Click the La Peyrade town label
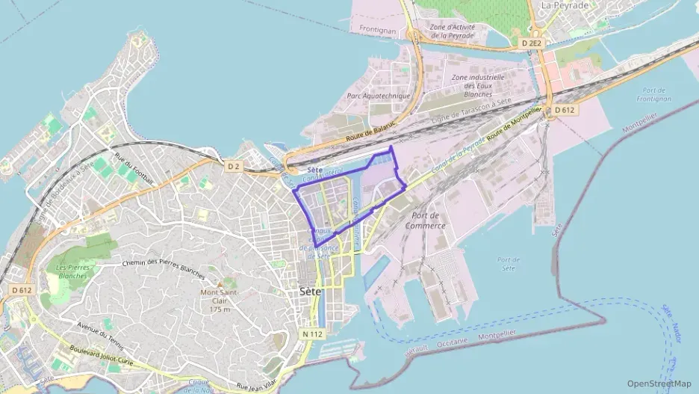tap(565, 5)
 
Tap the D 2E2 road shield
tap(532, 43)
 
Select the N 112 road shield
tap(312, 333)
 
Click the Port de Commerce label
tap(426, 220)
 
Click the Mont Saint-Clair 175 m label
tap(219, 301)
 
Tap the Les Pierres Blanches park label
tap(72, 271)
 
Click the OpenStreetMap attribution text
tap(659, 384)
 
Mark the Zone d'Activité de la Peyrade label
tap(452, 31)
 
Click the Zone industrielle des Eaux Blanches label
tap(478, 86)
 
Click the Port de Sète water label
tap(508, 263)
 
